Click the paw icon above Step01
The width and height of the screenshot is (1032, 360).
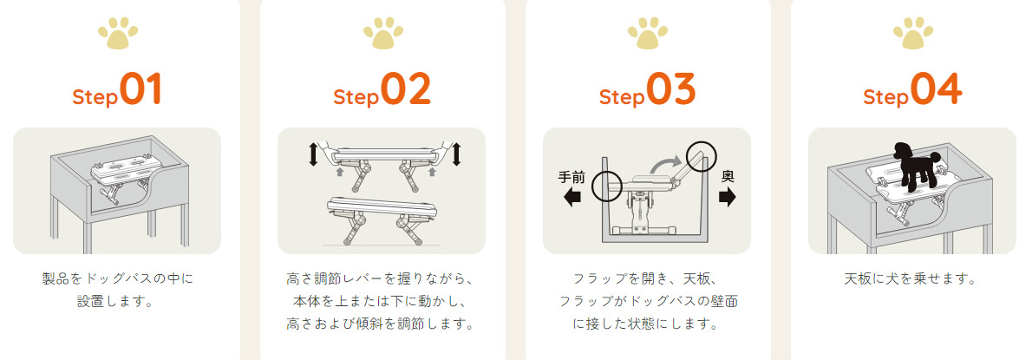coord(118,33)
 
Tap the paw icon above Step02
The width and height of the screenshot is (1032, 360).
coord(383,33)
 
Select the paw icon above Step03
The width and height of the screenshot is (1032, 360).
coord(648,33)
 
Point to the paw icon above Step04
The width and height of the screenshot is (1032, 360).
coord(913,33)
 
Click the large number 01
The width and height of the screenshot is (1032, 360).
coord(140,89)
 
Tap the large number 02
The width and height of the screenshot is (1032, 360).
coord(406,89)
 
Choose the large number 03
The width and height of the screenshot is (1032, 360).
coord(671,89)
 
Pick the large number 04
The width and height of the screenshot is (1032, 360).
coord(937,89)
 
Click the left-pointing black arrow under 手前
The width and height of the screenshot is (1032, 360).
coord(572,198)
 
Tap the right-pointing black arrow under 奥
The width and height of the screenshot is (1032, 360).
coord(728,198)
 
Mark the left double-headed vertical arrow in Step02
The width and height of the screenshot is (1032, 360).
coord(312,154)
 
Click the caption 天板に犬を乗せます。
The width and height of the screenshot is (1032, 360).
coord(911,278)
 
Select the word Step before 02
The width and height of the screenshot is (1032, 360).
coord(356,97)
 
